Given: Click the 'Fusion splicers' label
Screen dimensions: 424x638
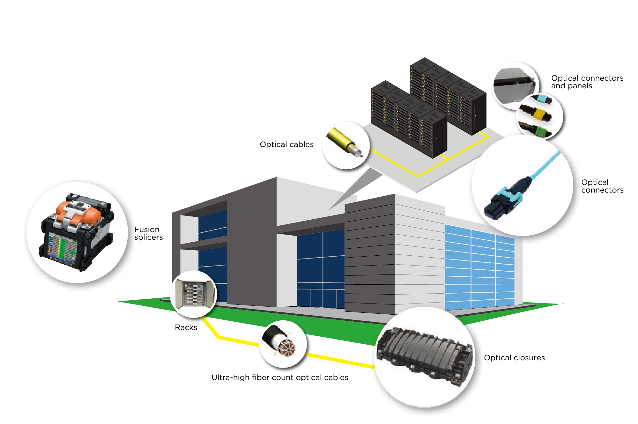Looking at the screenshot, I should [x=148, y=233].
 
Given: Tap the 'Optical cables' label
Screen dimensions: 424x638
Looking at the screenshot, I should [x=286, y=144].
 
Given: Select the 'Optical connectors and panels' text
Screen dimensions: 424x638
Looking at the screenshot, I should [x=587, y=82].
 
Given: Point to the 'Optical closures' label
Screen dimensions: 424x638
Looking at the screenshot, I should [x=514, y=358].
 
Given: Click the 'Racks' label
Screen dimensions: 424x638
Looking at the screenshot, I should [x=186, y=327].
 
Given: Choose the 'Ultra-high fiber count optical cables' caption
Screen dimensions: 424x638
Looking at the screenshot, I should [x=280, y=377].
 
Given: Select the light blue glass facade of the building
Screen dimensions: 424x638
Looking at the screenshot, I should [x=478, y=268].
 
